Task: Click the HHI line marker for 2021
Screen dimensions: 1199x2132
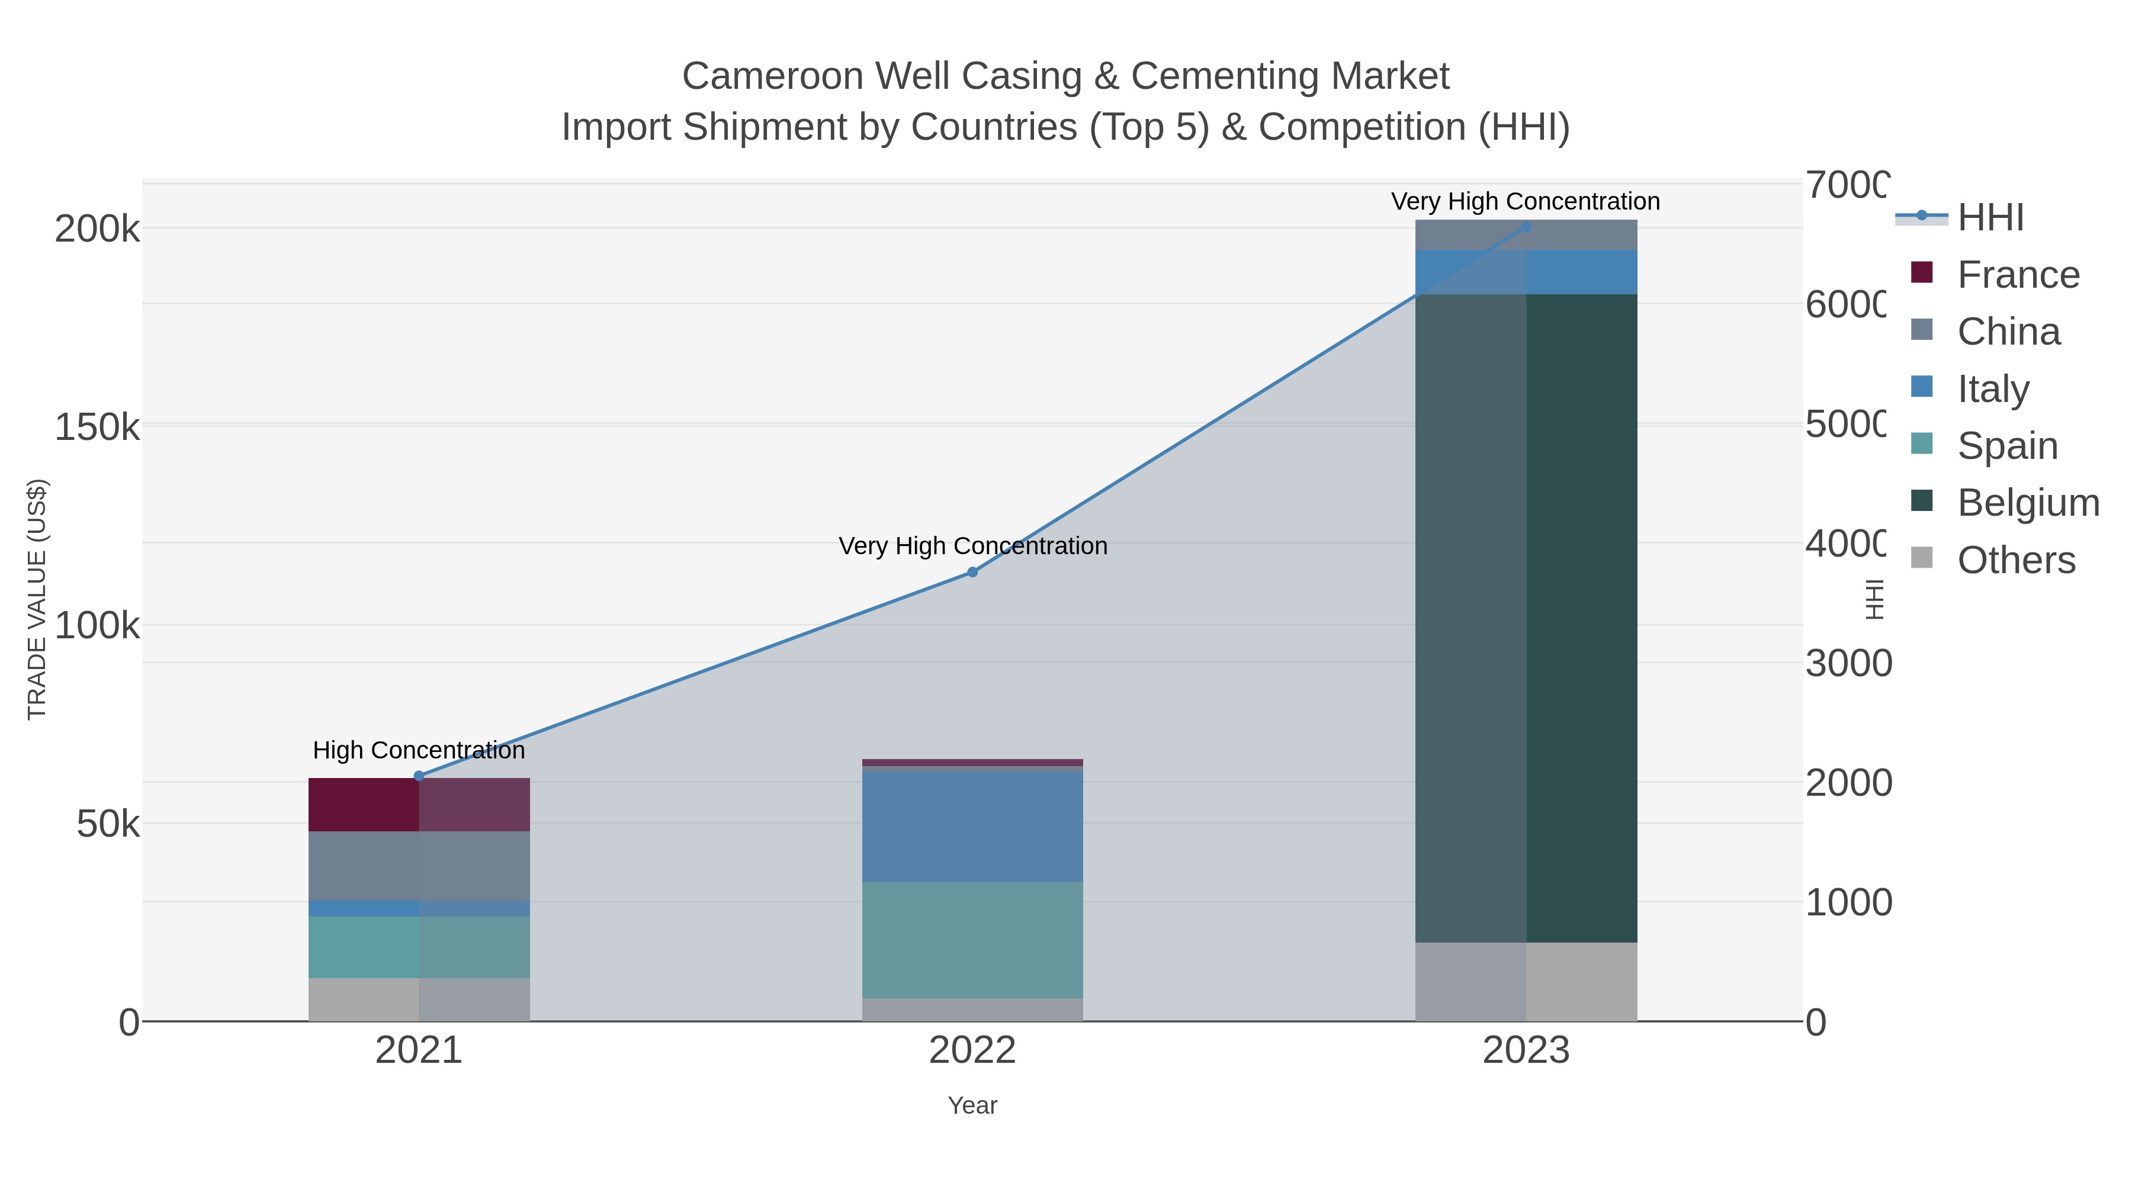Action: (419, 776)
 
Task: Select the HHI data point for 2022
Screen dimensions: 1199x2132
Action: (972, 573)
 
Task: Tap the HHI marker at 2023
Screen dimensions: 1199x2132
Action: (1526, 227)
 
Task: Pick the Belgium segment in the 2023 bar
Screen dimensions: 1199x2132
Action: (1526, 618)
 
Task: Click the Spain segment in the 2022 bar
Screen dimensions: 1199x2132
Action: (972, 940)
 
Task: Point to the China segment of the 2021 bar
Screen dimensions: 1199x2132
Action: (419, 866)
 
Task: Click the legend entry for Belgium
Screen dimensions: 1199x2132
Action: (2028, 503)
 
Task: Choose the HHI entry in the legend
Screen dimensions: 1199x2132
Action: (1990, 218)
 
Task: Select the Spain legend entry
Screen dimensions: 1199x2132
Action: (2007, 446)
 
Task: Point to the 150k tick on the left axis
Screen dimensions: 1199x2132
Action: (97, 429)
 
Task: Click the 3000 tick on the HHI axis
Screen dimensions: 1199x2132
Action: (1847, 664)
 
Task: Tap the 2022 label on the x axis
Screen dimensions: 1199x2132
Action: (972, 1051)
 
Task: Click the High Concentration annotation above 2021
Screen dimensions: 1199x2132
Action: (419, 751)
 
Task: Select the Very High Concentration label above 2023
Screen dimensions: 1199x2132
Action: (1526, 202)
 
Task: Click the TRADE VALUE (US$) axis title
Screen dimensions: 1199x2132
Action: (37, 599)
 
